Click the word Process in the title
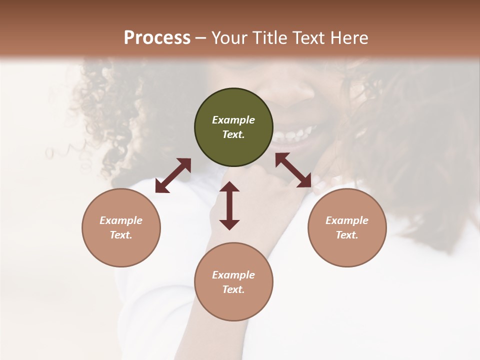tap(157, 38)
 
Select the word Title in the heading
tap(268, 38)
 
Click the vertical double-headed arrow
tap(229, 205)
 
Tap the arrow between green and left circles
tap(173, 175)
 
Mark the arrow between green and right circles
tap(293, 170)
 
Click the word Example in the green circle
tap(233, 120)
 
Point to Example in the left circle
tap(121, 220)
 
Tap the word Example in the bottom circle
tap(233, 275)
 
